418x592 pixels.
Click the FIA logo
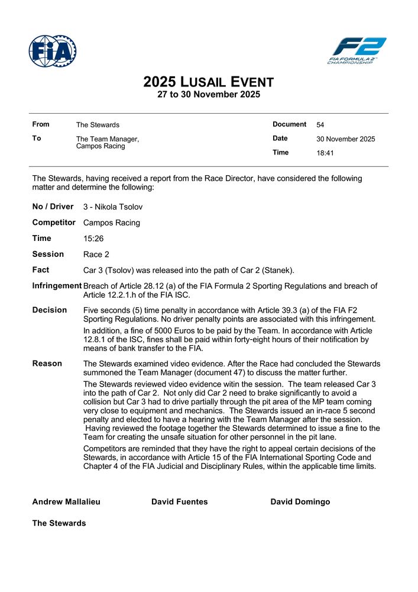53,51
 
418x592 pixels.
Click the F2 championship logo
357,50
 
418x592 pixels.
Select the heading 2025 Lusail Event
208,82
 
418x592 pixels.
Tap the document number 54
320,125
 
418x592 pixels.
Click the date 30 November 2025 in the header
345,139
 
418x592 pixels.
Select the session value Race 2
98,255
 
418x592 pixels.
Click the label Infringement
57,286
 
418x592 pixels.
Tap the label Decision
49,310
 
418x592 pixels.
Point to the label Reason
47,363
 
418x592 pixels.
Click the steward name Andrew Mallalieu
66,502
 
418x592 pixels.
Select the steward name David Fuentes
179,502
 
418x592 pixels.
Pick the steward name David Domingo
300,502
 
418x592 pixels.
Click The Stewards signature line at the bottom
59,523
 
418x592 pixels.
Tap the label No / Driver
53,207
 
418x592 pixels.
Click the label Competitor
54,223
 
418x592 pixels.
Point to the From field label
41,124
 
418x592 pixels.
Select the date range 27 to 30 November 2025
208,95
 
